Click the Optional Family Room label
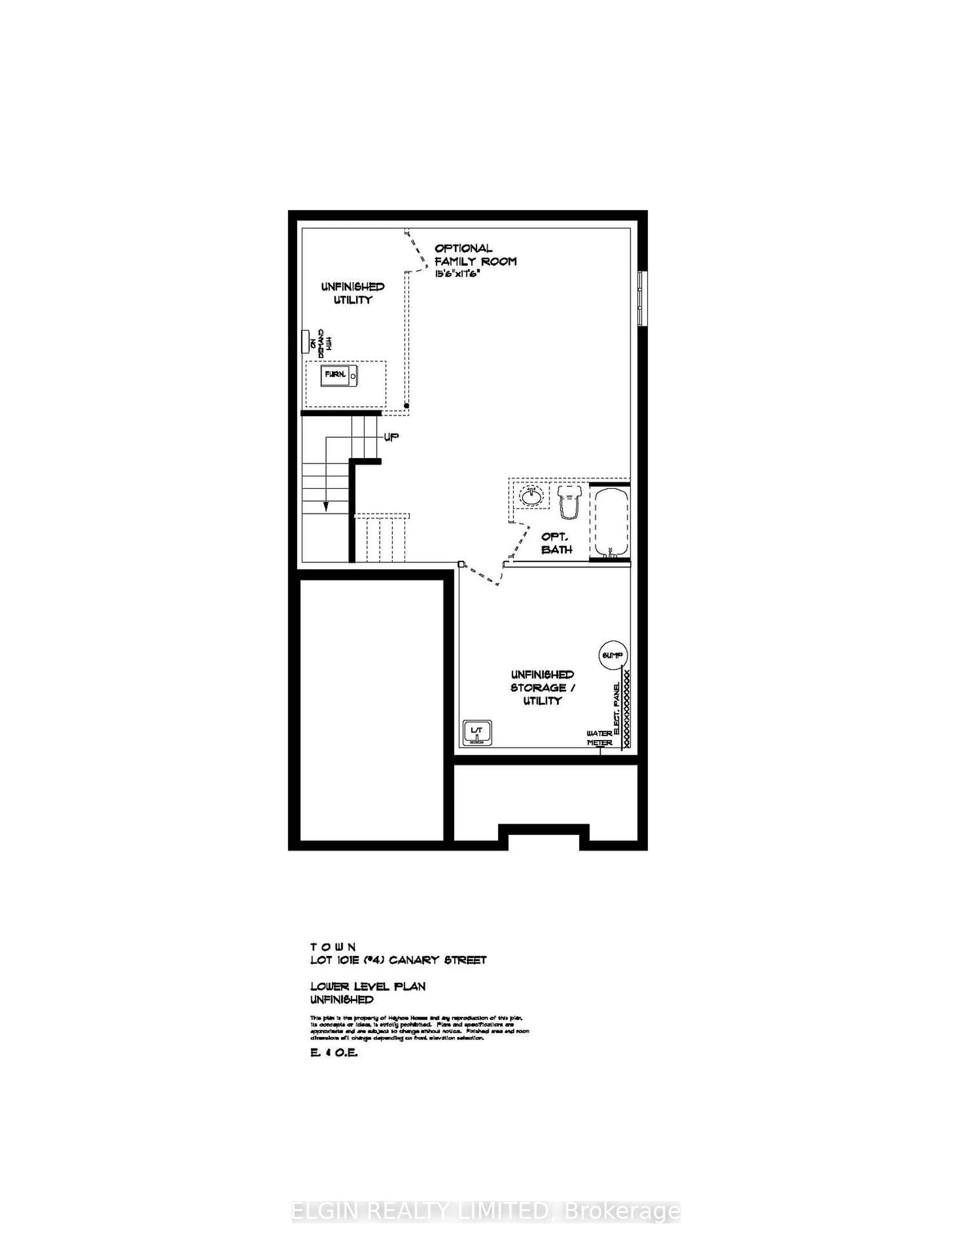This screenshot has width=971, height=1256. click(475, 255)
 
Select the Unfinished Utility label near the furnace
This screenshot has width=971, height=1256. click(353, 293)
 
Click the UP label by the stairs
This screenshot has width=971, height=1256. click(391, 437)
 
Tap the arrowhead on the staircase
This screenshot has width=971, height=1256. click(326, 506)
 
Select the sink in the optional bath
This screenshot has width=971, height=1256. click(531, 496)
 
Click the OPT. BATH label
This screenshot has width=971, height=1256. click(556, 543)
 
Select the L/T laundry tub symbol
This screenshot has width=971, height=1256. click(477, 733)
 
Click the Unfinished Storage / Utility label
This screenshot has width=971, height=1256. click(542, 687)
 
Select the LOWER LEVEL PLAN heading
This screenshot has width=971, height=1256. click(368, 986)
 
